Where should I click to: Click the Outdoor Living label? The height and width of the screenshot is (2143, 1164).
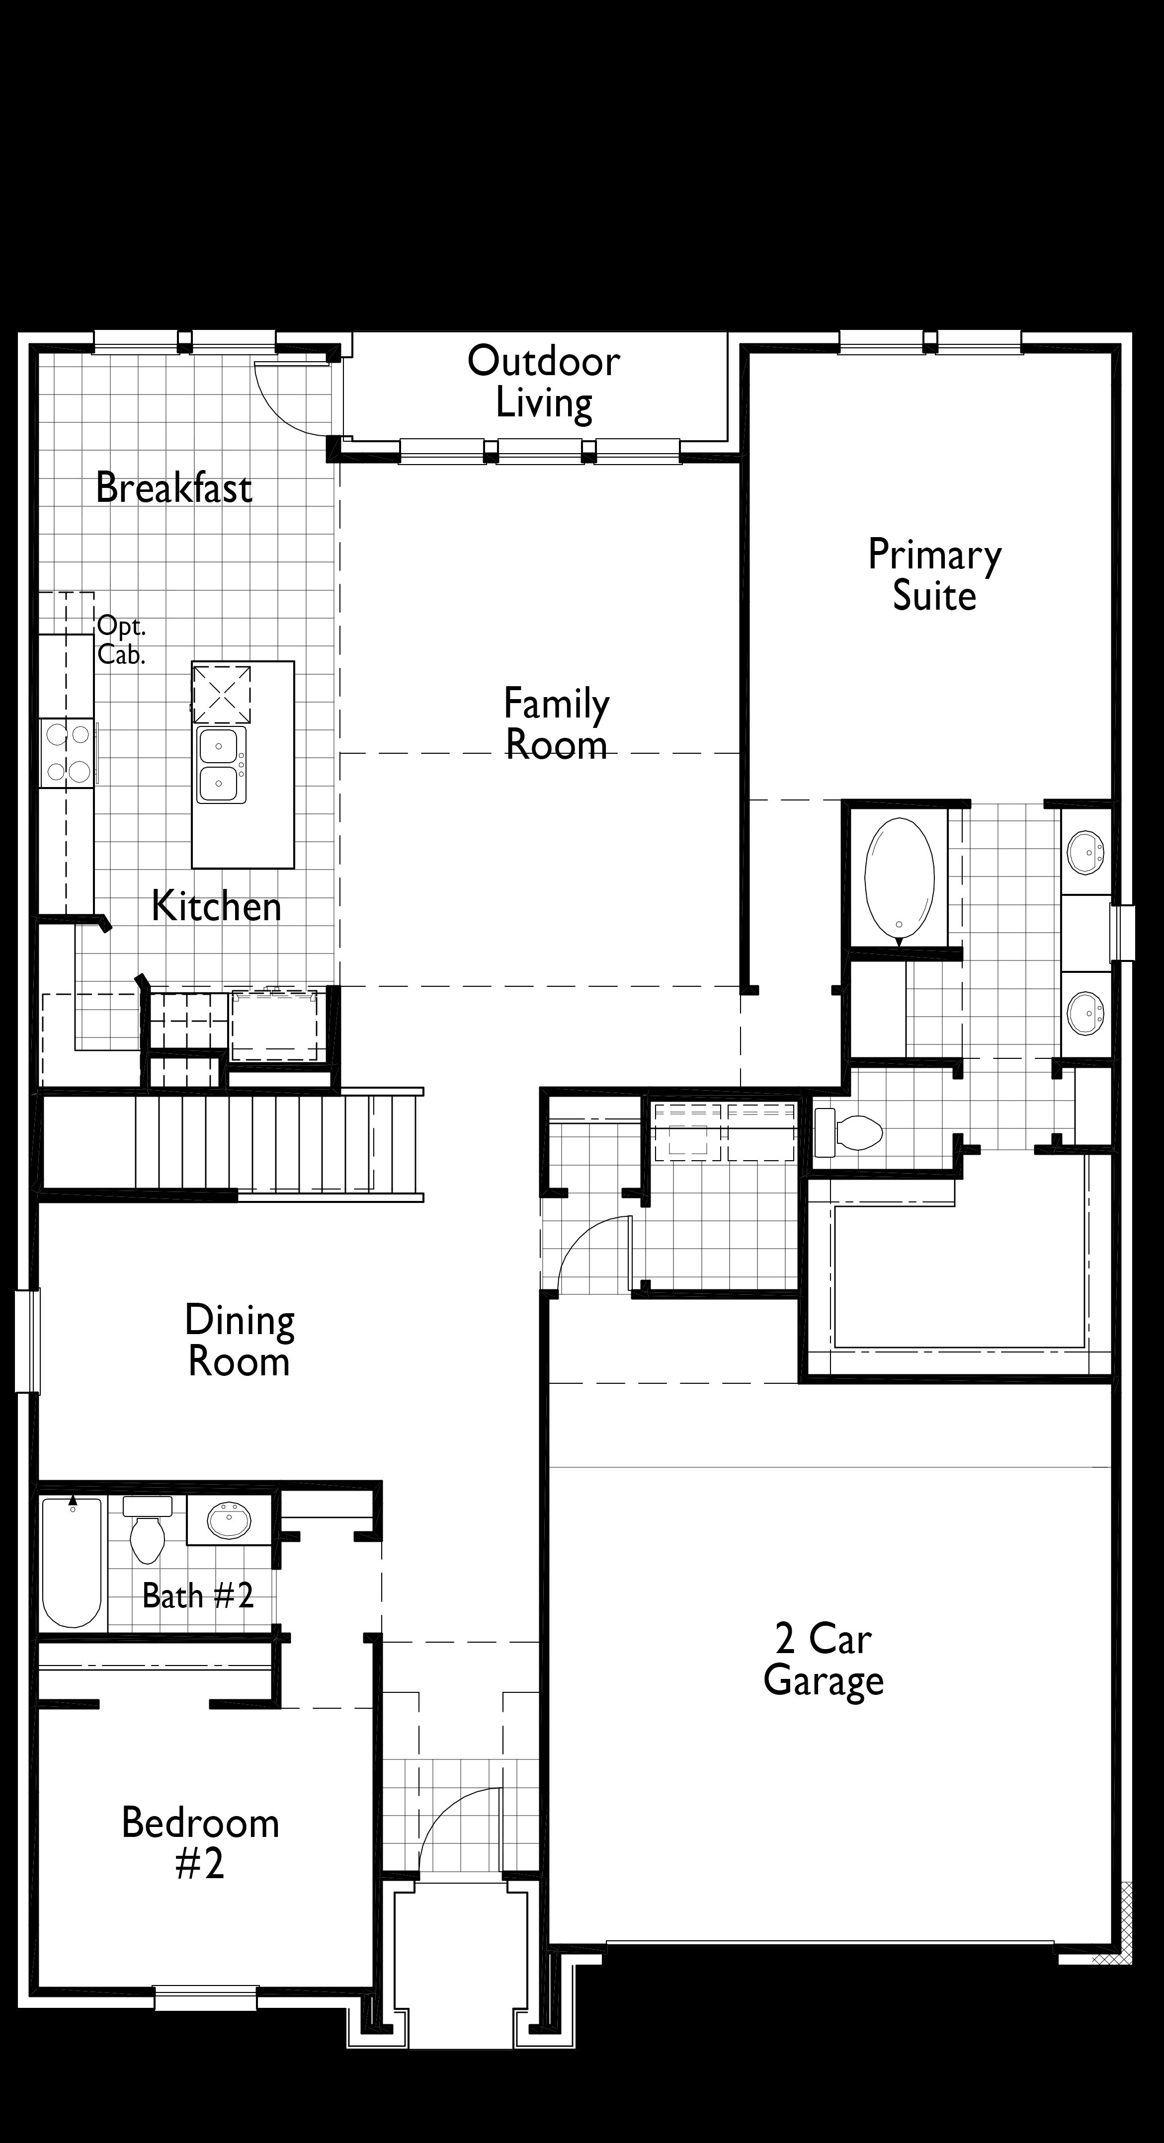pyautogui.click(x=544, y=382)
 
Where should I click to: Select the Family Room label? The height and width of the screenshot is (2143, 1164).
pyautogui.click(x=557, y=723)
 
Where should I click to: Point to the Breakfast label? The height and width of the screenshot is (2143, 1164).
pyautogui.click(x=174, y=487)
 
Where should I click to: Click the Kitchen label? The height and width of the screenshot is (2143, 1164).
pyautogui.click(x=216, y=906)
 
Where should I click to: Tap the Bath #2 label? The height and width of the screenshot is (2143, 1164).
pyautogui.click(x=198, y=1595)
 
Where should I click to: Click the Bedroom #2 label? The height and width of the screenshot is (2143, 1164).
pyautogui.click(x=200, y=1842)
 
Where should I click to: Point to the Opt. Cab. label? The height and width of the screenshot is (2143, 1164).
pyautogui.click(x=121, y=640)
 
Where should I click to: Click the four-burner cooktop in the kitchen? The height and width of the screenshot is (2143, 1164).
pyautogui.click(x=68, y=753)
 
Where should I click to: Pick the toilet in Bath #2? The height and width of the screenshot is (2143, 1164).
pyautogui.click(x=147, y=1531)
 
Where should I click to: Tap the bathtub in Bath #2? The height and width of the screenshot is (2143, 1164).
pyautogui.click(x=73, y=1562)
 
